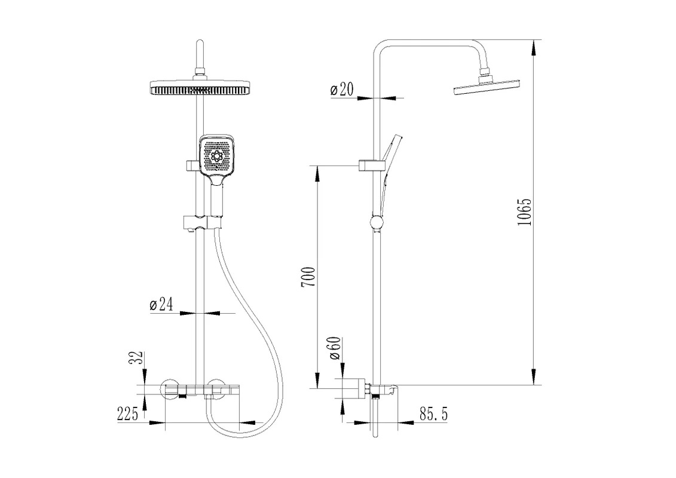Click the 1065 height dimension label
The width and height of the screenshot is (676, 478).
[x=524, y=212]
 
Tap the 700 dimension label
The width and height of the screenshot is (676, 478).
[x=308, y=277]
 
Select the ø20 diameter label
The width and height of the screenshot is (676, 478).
[x=342, y=89]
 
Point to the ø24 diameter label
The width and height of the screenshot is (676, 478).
[x=161, y=304]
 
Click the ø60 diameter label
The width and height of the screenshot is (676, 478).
[x=335, y=348]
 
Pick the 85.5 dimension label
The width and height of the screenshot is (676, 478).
[x=434, y=414]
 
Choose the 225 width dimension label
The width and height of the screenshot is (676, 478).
[x=128, y=414]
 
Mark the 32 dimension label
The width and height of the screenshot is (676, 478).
[x=136, y=357]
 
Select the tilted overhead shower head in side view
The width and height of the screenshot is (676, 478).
[x=487, y=87]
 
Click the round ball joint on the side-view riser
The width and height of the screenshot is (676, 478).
[x=377, y=223]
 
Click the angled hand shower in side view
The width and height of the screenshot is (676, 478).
[x=390, y=164]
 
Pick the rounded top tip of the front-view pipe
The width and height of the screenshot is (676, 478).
[x=200, y=41]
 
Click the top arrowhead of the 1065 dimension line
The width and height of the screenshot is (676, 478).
[x=534, y=47]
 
